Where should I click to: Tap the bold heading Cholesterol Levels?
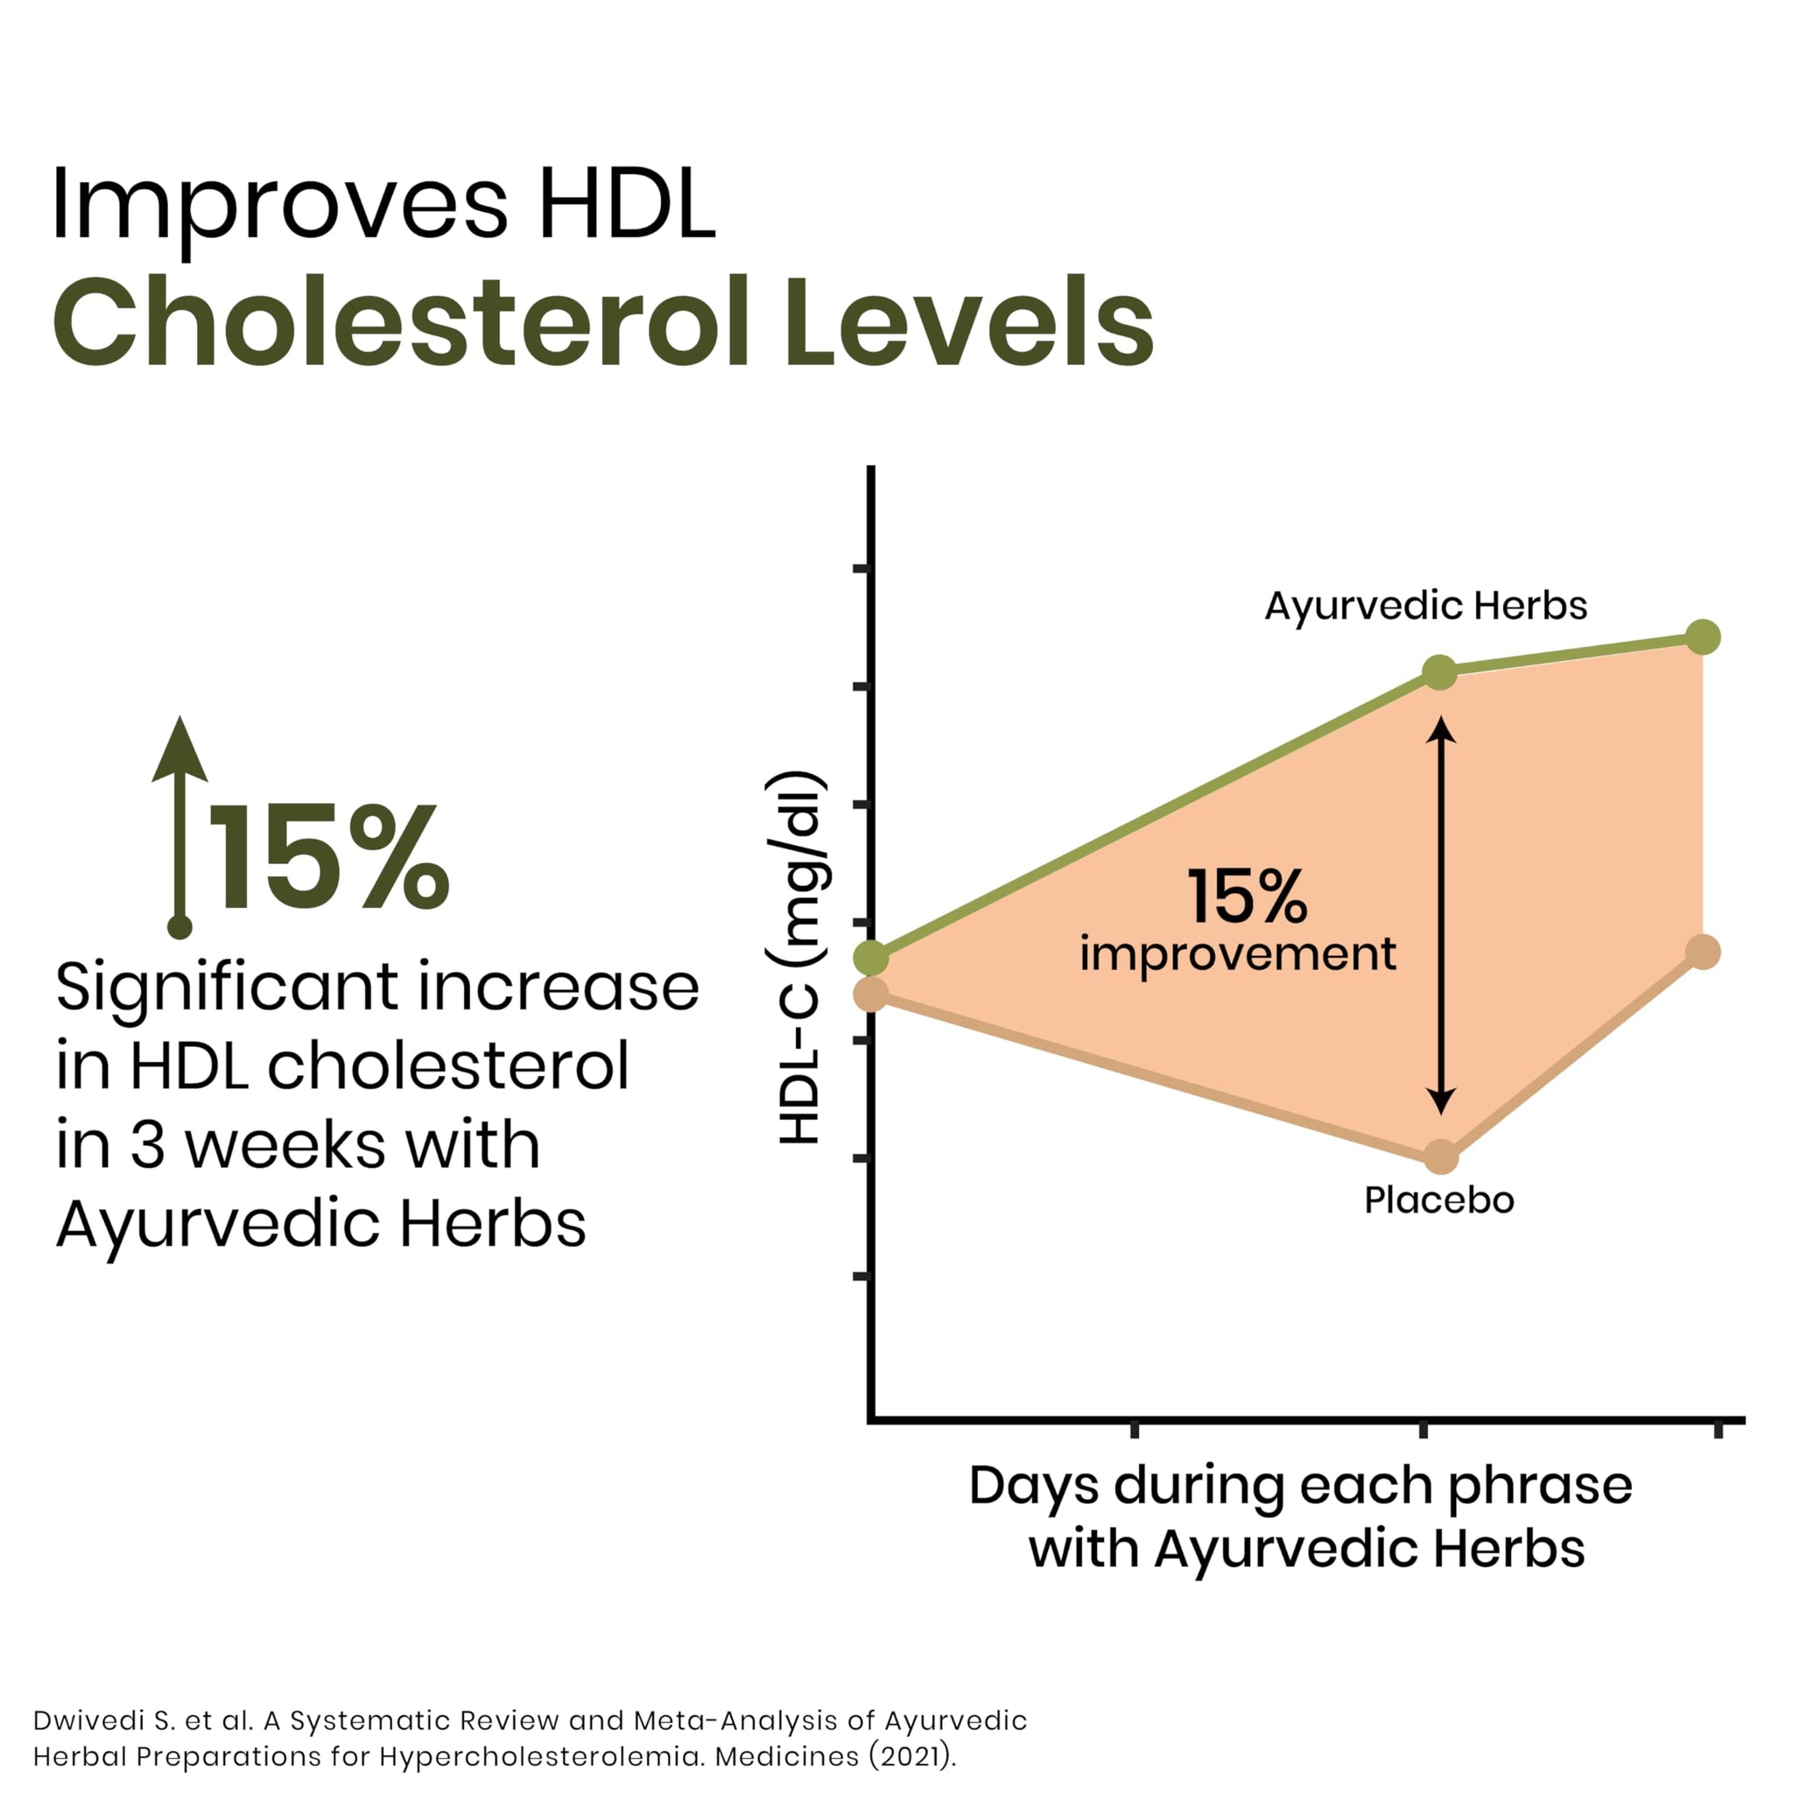pos(603,322)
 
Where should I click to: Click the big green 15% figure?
pos(329,857)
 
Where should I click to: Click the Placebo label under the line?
pos(1439,1201)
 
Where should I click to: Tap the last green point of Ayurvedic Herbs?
pos(1703,637)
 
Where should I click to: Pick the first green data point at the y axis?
pos(870,957)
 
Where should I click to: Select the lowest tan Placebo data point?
pos(1440,1157)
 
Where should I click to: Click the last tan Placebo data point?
pos(1703,953)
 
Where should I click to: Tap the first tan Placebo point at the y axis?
pos(870,995)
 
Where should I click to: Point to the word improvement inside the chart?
pos(1238,955)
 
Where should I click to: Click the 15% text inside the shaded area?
pos(1248,896)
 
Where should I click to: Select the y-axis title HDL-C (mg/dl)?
pos(798,957)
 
